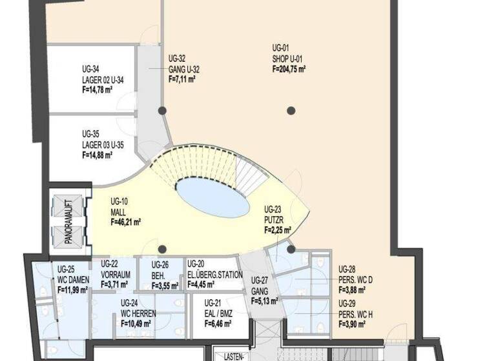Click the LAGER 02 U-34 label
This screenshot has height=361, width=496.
(x=103, y=80)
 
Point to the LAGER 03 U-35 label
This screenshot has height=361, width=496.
(x=103, y=144)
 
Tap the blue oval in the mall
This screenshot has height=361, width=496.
(x=212, y=197)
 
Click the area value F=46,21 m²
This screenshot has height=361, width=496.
(x=126, y=221)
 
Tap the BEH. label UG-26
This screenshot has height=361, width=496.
(x=160, y=274)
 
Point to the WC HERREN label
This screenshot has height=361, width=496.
(x=138, y=313)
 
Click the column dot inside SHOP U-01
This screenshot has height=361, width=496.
(x=291, y=110)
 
